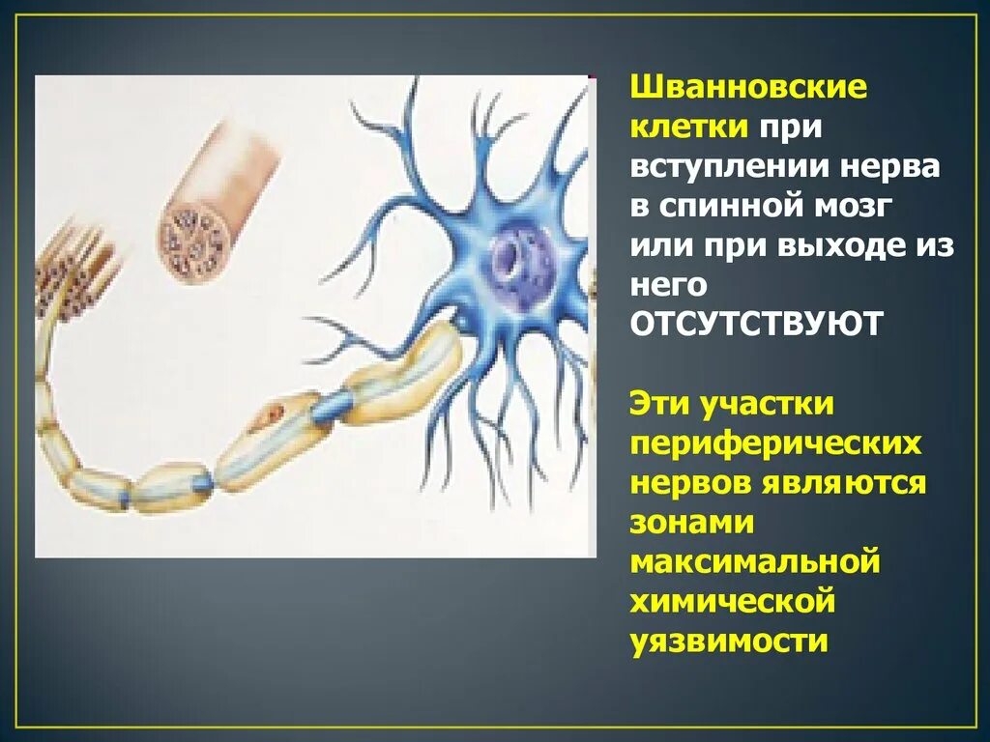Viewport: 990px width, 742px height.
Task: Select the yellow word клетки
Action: (x=688, y=128)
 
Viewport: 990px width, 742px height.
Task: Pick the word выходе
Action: (x=843, y=245)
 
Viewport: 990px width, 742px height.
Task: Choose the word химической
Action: (x=732, y=600)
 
